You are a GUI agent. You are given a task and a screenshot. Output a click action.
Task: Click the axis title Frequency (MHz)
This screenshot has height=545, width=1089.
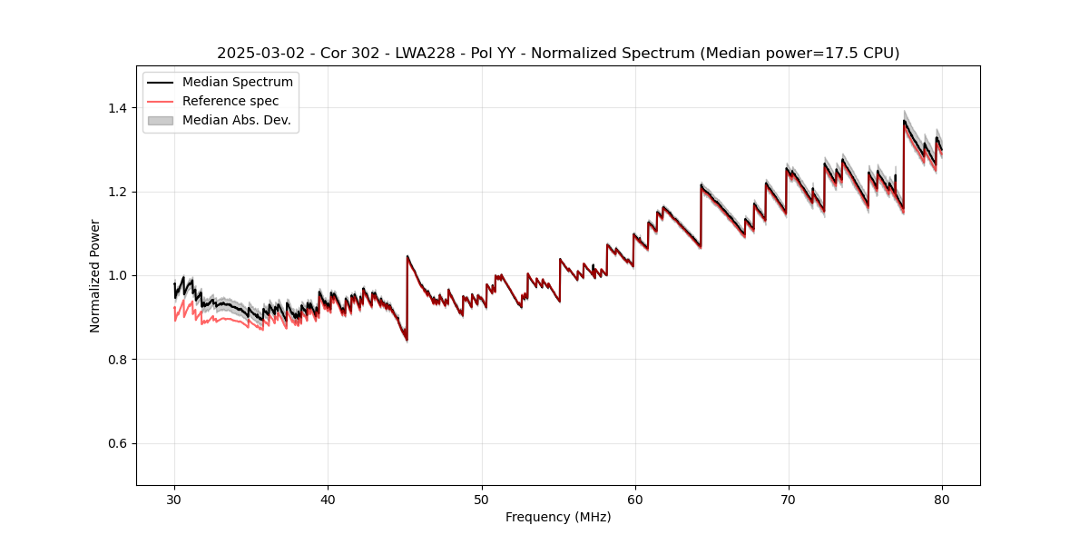[x=558, y=517]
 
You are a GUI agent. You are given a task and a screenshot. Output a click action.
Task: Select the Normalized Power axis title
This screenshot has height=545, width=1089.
[x=95, y=275]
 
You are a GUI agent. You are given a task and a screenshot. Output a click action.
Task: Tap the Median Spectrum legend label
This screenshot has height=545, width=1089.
[x=237, y=83]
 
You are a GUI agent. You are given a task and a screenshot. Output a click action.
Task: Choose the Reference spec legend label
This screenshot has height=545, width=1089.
[x=231, y=101]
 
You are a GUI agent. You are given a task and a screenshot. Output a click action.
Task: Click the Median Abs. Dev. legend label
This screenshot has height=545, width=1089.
[x=236, y=120]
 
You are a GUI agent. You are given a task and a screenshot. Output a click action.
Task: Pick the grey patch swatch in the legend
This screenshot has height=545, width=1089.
[x=160, y=120]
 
